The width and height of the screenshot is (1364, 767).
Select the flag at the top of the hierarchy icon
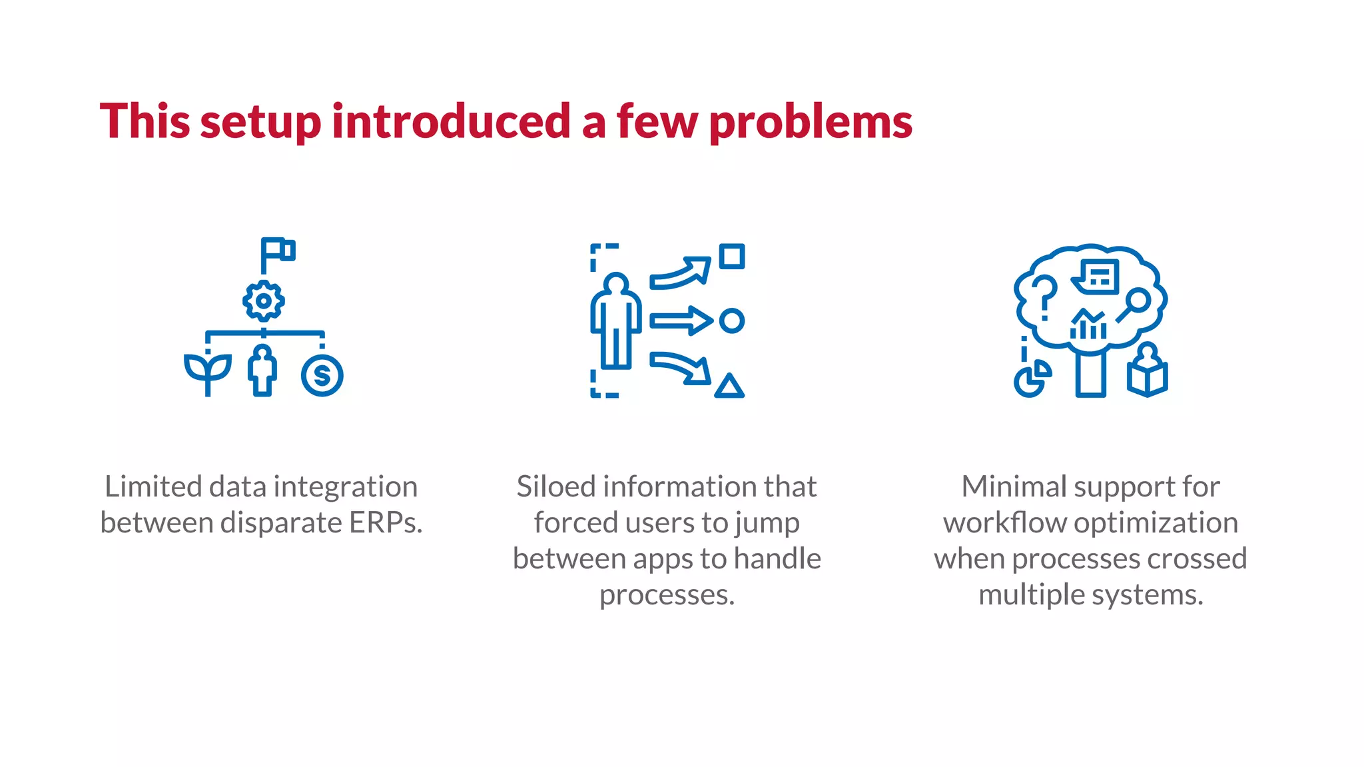278,251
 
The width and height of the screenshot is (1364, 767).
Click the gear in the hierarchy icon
264,301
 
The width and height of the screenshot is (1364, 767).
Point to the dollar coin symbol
322,376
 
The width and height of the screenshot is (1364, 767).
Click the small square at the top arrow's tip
732,257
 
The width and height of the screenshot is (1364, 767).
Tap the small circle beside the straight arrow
732,321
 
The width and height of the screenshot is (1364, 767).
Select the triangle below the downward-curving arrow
729,386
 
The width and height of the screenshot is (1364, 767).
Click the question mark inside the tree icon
1044,297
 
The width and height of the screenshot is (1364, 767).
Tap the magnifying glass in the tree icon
1134,304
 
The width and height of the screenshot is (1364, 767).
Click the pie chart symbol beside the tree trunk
1032,380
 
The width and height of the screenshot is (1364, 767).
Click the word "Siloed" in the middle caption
556,487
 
